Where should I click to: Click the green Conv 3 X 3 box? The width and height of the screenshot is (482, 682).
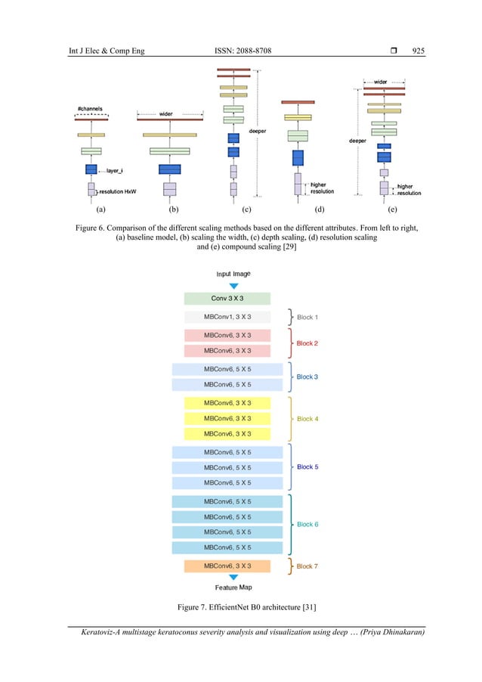tap(227, 299)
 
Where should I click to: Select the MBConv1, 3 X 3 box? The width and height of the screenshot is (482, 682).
tap(227, 318)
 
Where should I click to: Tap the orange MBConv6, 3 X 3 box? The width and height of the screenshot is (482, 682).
tap(227, 566)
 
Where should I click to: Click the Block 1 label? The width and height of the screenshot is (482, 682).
tap(307, 318)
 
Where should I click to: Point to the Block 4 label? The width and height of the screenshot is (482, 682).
tap(307, 418)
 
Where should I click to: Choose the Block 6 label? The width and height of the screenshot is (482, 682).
tap(307, 524)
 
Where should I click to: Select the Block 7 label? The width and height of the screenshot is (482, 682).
tap(307, 566)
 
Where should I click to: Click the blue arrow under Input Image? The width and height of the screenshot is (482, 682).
tap(233, 285)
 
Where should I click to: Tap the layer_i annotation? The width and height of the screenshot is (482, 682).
tap(115, 171)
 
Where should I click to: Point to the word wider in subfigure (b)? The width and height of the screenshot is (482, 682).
tap(165, 114)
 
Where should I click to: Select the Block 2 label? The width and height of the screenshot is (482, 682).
tap(307, 343)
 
